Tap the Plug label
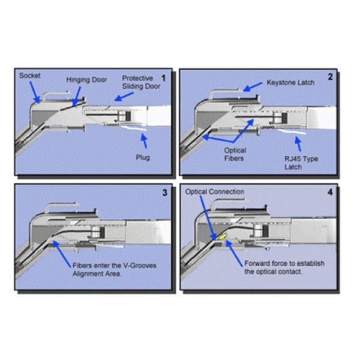point(143,158)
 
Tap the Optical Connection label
point(214,192)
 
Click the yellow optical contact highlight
point(221,238)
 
